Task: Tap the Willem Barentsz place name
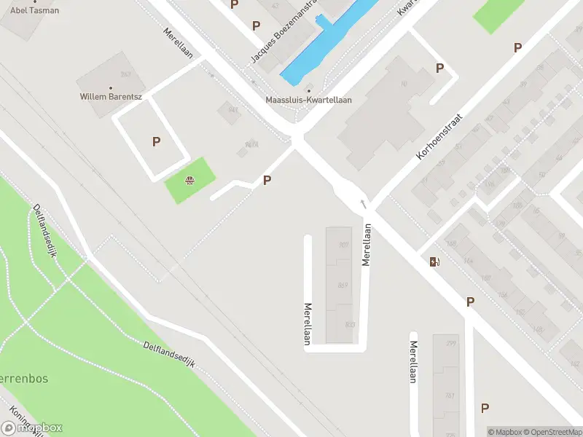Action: click(x=110, y=96)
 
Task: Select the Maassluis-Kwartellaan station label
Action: click(x=309, y=100)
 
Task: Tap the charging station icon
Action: click(x=435, y=261)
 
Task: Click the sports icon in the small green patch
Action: click(x=190, y=181)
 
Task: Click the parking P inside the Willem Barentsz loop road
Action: click(x=156, y=142)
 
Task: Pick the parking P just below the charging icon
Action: click(x=470, y=302)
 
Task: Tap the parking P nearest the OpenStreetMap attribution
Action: click(x=485, y=408)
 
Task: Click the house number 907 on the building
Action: click(x=344, y=245)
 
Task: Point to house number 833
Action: click(x=350, y=325)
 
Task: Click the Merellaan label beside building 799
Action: click(x=413, y=362)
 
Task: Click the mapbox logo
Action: click(x=33, y=428)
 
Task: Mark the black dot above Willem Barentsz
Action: click(x=110, y=87)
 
